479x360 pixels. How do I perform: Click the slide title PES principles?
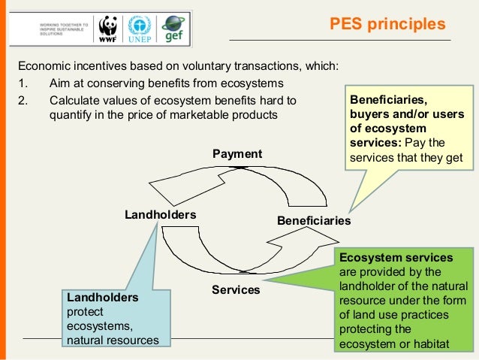pyautogui.click(x=393, y=25)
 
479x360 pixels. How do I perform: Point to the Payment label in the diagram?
pyautogui.click(x=237, y=154)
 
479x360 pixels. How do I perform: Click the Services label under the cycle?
pyautogui.click(x=236, y=289)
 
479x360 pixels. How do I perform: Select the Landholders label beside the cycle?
pyautogui.click(x=160, y=215)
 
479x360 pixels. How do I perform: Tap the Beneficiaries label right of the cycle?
pyautogui.click(x=314, y=221)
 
